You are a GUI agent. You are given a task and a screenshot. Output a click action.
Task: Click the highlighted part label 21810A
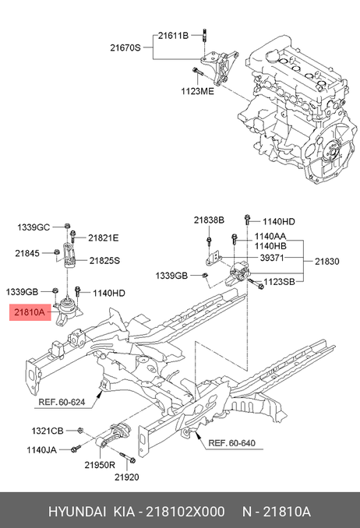(30, 312)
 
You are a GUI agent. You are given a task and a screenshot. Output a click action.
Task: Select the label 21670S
(125, 48)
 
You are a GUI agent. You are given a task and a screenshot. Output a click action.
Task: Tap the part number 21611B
(173, 35)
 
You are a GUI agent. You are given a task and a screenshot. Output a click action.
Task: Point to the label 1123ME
(197, 91)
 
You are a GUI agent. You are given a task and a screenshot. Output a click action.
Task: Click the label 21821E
(104, 238)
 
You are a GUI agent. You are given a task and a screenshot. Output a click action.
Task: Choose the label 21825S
(104, 260)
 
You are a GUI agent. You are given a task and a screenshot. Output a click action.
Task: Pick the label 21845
(27, 253)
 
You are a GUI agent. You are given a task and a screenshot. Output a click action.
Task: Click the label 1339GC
(34, 227)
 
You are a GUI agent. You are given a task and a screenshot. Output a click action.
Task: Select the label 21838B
(209, 220)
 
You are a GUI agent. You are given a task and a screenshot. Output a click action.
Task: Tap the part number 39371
(272, 258)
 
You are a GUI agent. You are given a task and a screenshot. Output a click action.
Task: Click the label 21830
(327, 262)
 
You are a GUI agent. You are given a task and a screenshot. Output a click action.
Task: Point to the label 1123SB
(279, 281)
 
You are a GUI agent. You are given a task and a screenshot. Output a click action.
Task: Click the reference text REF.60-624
(62, 402)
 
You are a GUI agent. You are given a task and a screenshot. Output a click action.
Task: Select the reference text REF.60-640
(231, 443)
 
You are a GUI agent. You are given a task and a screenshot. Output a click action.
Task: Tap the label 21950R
(100, 465)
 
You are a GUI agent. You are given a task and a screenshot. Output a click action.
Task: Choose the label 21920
(127, 477)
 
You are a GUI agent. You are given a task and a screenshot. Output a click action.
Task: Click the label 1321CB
(48, 431)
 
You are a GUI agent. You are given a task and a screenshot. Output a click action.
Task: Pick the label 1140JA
(42, 449)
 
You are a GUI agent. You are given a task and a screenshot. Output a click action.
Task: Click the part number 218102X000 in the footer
(185, 512)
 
